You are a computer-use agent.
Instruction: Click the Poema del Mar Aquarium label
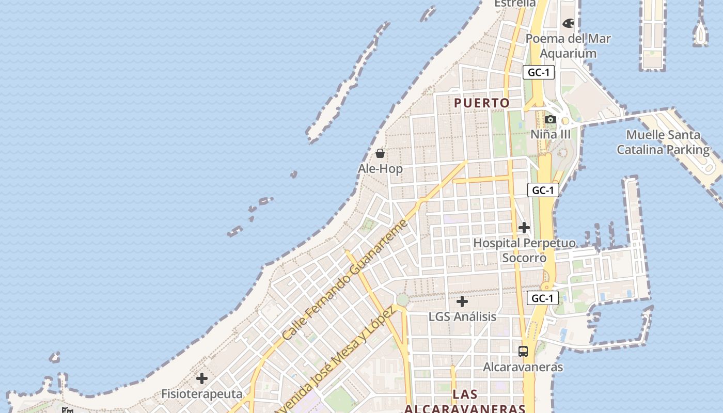[568, 46]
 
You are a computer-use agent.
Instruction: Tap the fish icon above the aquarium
[568, 23]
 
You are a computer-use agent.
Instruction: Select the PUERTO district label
[482, 103]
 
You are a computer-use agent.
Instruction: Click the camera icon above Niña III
[551, 120]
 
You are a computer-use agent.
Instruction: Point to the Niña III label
[551, 134]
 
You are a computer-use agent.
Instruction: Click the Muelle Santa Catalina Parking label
[663, 142]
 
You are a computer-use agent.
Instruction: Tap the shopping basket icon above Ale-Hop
[380, 153]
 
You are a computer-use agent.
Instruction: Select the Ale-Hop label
[380, 169]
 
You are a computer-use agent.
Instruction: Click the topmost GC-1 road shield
[538, 72]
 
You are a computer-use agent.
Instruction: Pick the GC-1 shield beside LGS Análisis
[542, 298]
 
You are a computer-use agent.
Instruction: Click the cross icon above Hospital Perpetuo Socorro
[524, 228]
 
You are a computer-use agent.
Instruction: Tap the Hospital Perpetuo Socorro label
[524, 250]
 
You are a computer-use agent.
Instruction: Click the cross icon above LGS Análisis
[462, 301]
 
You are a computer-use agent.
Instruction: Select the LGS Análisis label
[462, 316]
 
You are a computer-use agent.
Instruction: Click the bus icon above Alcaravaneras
[523, 352]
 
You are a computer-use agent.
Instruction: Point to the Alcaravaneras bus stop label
[523, 367]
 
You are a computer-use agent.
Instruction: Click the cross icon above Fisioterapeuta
[202, 379]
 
